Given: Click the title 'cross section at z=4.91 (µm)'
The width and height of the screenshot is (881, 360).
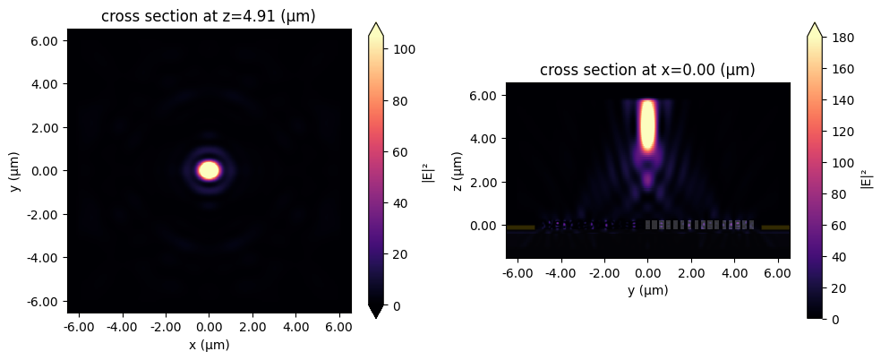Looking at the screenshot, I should (209, 17).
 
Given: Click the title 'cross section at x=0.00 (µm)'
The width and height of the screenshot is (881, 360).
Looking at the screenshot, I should (647, 70).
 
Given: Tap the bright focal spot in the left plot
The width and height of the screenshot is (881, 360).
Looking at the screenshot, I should (209, 169).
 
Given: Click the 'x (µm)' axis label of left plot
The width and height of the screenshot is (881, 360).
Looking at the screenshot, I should (209, 345).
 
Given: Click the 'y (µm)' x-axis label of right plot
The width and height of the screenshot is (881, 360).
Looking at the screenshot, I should (647, 290).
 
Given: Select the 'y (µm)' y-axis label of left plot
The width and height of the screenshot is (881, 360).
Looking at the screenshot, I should (17, 170).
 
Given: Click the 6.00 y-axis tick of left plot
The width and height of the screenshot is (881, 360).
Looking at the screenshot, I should (45, 41).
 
